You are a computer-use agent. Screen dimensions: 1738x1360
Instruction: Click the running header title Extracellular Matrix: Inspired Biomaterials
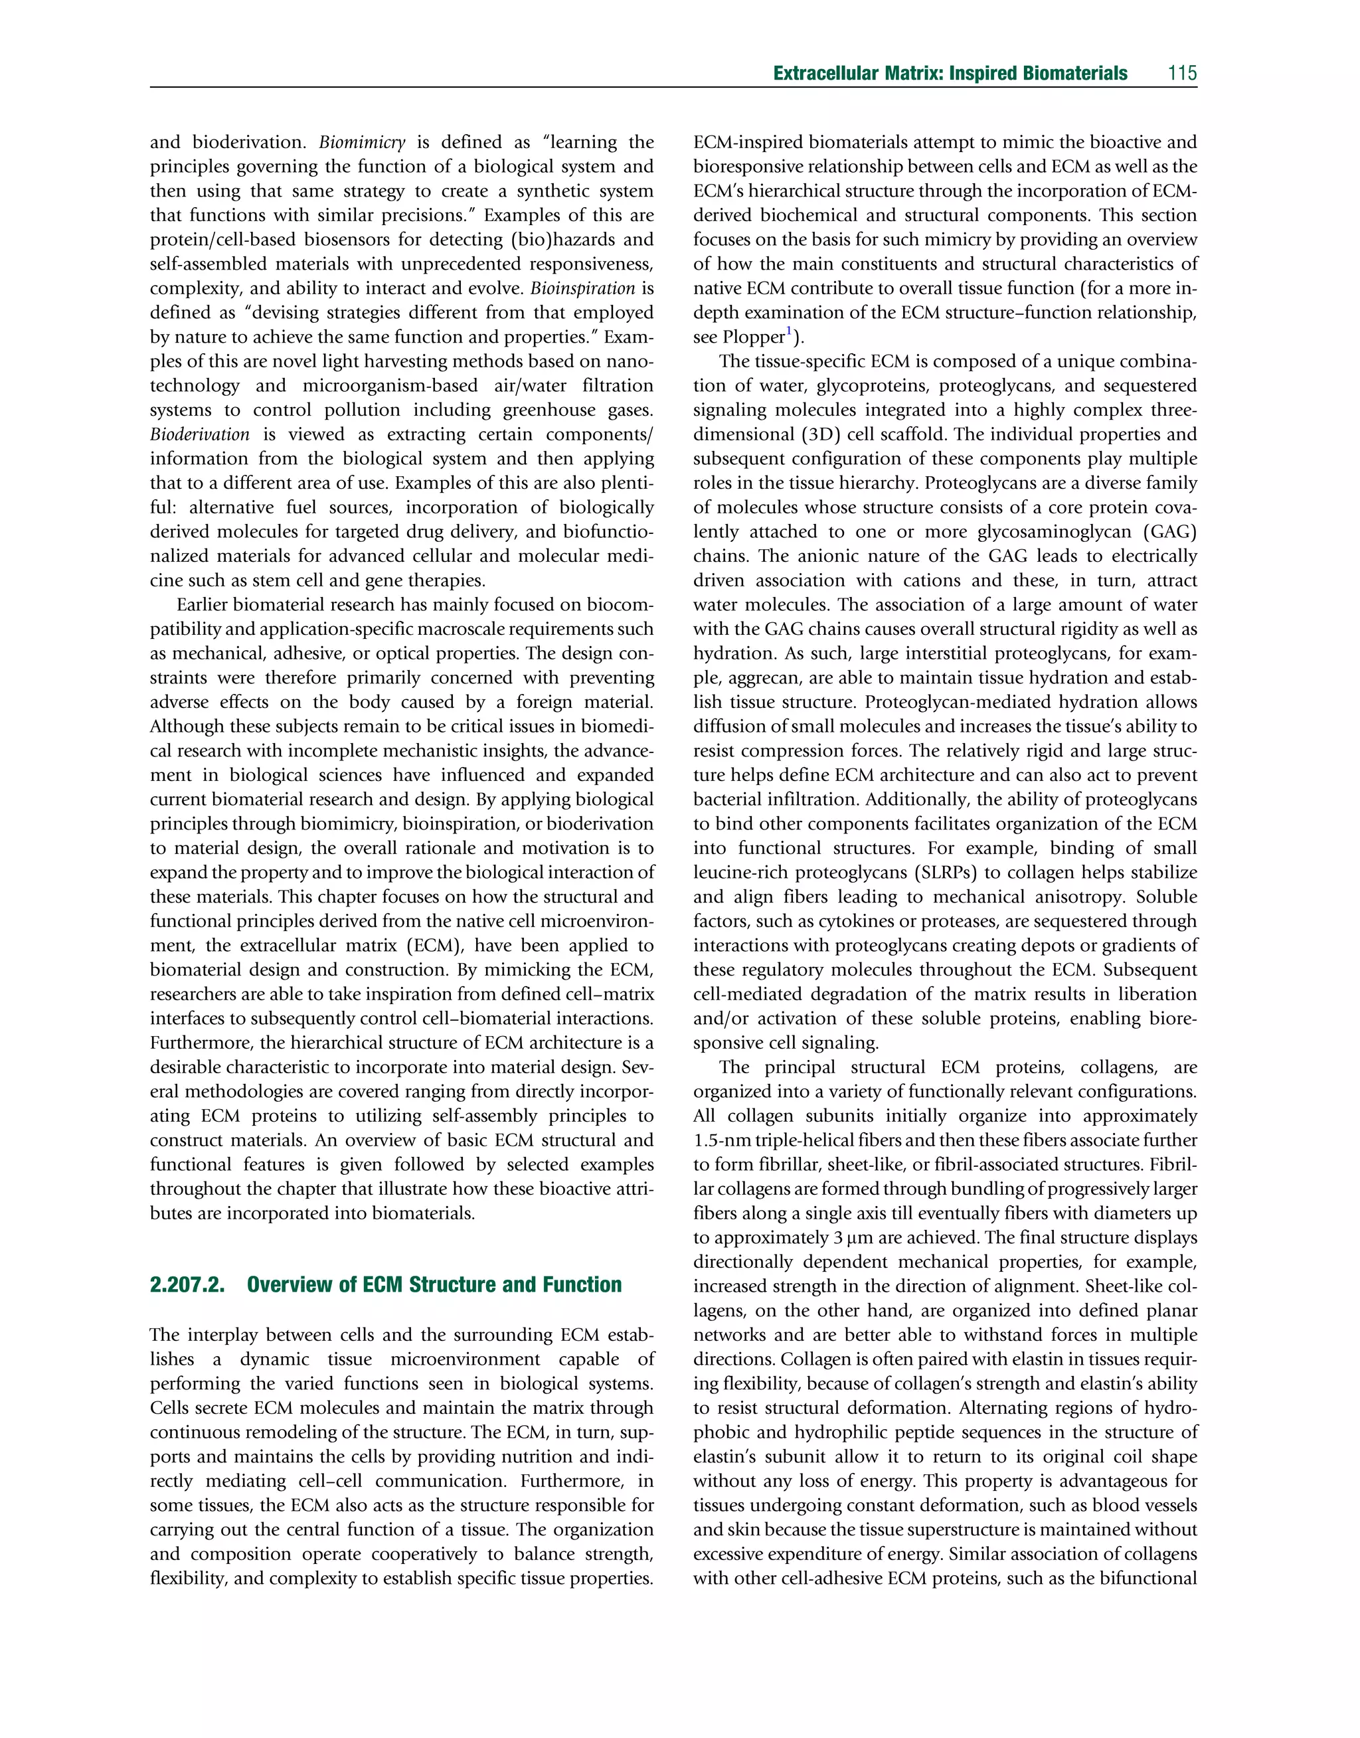[x=950, y=73]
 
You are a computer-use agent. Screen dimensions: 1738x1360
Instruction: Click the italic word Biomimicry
[x=363, y=143]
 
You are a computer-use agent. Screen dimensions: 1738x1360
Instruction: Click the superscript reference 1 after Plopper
[x=788, y=332]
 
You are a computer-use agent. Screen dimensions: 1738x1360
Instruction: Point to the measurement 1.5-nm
[x=721, y=1140]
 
